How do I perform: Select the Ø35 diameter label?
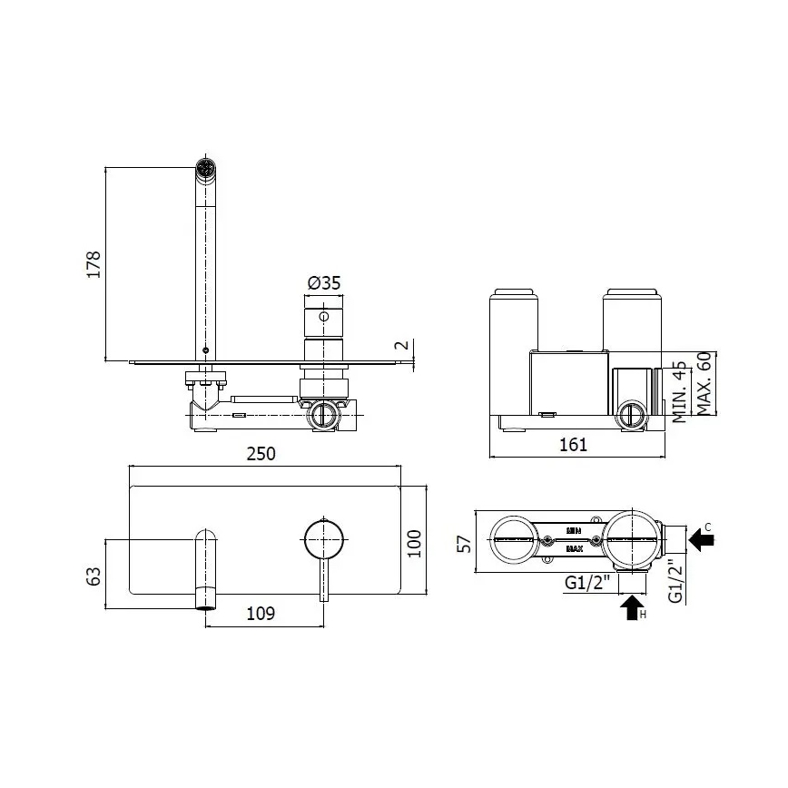[x=323, y=283]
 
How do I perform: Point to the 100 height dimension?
[x=414, y=544]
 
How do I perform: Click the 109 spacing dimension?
[x=261, y=615]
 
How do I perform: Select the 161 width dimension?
[x=572, y=444]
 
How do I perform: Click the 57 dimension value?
[x=464, y=543]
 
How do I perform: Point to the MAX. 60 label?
[x=704, y=384]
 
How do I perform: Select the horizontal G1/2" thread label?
[x=586, y=584]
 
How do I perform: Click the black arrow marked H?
[x=632, y=607]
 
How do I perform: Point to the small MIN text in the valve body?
[x=574, y=528]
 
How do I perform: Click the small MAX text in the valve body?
[x=574, y=549]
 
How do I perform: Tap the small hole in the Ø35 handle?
[x=323, y=317]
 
